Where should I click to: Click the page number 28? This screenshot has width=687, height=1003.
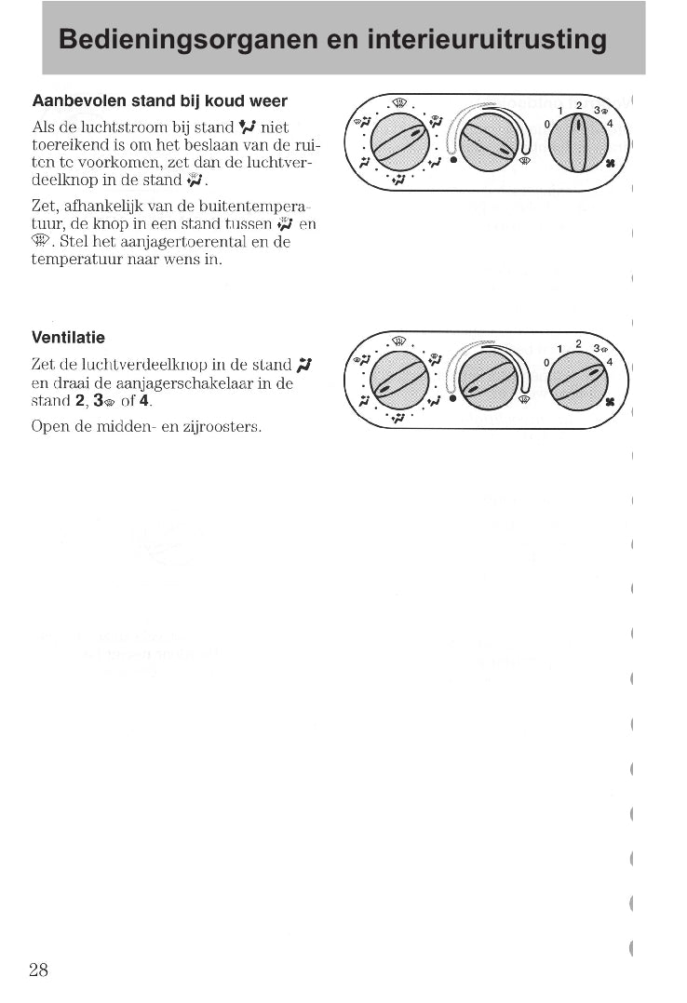(38, 970)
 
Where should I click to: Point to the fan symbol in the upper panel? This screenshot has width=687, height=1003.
(611, 163)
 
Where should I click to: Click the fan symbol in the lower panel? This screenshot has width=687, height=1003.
(611, 402)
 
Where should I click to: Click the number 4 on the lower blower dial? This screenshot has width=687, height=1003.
(610, 362)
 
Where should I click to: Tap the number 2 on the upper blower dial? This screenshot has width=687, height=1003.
(578, 105)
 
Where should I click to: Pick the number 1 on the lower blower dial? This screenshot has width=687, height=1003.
(559, 350)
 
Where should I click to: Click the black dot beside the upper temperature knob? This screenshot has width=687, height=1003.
(453, 160)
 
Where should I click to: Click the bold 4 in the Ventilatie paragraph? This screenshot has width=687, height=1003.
(144, 402)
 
